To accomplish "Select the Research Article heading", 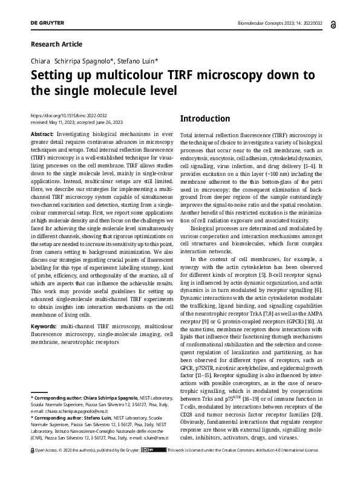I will point(56,44).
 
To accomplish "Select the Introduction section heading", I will point(205,118).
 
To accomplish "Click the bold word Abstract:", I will point(42,133).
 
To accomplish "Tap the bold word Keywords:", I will point(44,326).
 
